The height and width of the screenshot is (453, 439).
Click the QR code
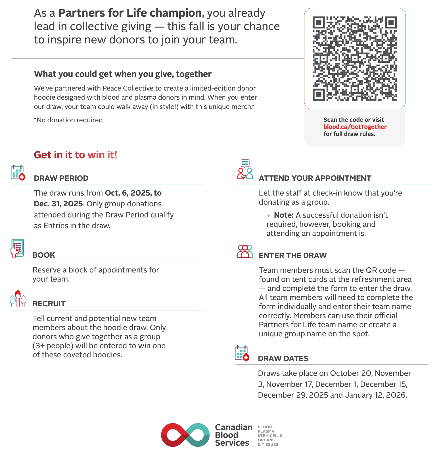[x=355, y=58]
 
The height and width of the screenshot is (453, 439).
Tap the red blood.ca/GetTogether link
[x=355, y=127]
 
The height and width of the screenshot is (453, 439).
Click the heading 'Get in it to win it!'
[x=76, y=155]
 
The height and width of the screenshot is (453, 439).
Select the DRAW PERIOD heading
[x=61, y=178]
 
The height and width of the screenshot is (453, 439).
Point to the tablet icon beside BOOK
[x=17, y=248]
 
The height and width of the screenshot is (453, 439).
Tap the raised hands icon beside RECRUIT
[x=18, y=299]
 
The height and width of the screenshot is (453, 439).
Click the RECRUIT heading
[x=49, y=304]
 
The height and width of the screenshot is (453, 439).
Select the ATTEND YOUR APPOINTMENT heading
[x=315, y=178]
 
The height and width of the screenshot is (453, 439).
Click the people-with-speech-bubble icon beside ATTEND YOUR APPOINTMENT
[x=245, y=169]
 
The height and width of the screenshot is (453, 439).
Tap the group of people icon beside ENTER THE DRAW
[x=245, y=251]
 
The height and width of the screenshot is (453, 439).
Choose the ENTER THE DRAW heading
[x=293, y=255]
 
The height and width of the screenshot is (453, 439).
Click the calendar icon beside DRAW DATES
[x=242, y=353]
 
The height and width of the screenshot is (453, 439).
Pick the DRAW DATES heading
[x=283, y=358]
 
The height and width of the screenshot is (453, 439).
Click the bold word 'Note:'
[x=284, y=215]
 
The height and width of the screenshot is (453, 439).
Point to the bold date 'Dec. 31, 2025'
[x=58, y=204]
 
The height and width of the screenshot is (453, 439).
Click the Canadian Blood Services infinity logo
[x=185, y=435]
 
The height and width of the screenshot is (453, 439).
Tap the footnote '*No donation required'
[x=68, y=120]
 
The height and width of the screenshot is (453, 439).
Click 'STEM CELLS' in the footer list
[x=270, y=436]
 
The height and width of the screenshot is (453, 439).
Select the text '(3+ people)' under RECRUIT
[x=49, y=346]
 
